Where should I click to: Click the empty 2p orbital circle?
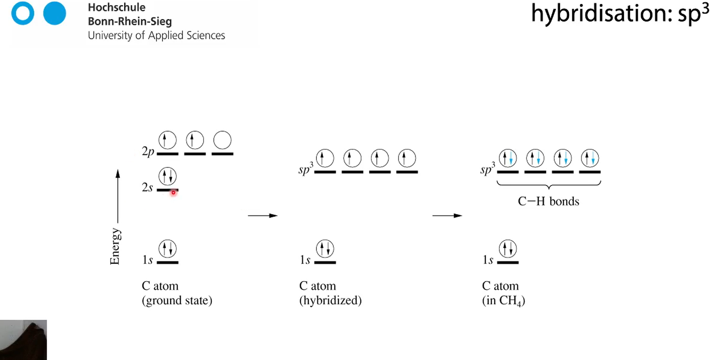tap(222, 140)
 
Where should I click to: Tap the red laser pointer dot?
tap(173, 193)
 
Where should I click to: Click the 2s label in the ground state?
tap(147, 187)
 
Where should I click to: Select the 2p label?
tap(148, 151)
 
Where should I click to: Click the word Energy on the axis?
tap(115, 246)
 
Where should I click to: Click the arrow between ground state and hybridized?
tap(262, 216)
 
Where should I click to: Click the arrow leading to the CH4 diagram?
tap(447, 216)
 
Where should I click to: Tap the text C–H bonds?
tap(548, 201)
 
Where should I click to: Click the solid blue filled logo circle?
tap(54, 13)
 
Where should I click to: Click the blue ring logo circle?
tap(23, 13)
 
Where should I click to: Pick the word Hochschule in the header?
tap(117, 7)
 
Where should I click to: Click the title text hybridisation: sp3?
tap(620, 13)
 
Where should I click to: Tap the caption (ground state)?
tap(177, 300)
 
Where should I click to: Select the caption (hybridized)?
tap(330, 300)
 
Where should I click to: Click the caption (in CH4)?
tap(503, 301)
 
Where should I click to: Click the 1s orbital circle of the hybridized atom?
tap(325, 249)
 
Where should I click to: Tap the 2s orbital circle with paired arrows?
tap(167, 176)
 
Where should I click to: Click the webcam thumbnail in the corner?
tap(23, 340)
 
